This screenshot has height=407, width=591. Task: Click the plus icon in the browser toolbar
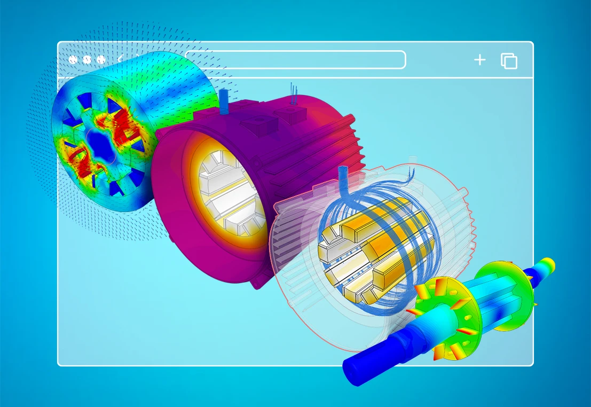479,60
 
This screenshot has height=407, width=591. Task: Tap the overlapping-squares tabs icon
509,61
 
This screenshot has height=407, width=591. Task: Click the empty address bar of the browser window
295,60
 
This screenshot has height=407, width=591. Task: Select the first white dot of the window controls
73,60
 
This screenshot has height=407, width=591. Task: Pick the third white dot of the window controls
99,60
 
